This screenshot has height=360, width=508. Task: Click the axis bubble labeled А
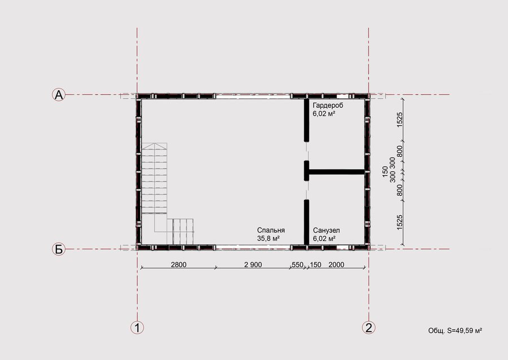59,95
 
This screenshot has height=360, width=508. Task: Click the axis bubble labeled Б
59,249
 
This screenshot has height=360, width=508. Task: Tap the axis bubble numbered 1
137,328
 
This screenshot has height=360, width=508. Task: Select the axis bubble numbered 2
369,328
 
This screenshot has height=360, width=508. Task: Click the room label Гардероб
328,106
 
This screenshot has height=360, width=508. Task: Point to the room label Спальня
271,230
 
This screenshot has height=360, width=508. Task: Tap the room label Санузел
326,231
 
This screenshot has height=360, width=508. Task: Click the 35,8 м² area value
268,239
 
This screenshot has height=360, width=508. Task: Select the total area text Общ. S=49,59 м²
455,331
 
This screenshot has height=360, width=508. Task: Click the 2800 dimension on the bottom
178,265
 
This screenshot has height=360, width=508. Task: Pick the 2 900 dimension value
253,265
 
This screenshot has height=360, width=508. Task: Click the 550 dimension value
297,265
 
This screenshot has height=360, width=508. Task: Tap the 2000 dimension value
336,265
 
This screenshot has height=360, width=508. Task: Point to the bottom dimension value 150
316,265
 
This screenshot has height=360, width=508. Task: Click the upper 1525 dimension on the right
400,120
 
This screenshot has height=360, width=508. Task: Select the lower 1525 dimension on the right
400,222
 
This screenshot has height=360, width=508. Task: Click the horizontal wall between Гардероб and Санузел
336,172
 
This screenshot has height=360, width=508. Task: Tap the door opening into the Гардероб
306,151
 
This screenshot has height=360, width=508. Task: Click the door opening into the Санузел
306,190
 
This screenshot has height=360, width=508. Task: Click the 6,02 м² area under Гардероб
323,113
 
